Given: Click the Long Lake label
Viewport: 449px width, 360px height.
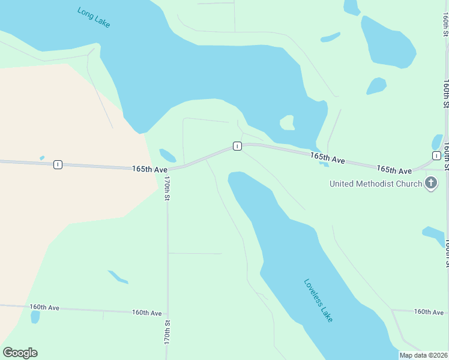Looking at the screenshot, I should pyautogui.click(x=94, y=17).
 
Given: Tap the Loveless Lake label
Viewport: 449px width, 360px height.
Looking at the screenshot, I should pyautogui.click(x=318, y=300).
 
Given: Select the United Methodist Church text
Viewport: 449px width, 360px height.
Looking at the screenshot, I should pyautogui.click(x=376, y=184).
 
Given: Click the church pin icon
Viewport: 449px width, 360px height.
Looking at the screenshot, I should pyautogui.click(x=430, y=183).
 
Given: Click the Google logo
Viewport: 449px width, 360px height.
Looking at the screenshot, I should pyautogui.click(x=20, y=353).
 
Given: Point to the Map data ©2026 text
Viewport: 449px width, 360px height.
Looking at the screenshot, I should pyautogui.click(x=424, y=355).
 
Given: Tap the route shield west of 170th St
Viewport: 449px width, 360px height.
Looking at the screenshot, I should pyautogui.click(x=58, y=164).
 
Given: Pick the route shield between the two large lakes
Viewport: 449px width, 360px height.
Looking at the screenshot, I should pyautogui.click(x=237, y=146).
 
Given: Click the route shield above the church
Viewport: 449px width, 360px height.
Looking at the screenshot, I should pyautogui.click(x=436, y=155).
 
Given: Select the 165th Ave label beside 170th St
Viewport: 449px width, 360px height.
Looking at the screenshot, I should pyautogui.click(x=149, y=170).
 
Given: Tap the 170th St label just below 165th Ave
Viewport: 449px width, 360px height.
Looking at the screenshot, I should pyautogui.click(x=167, y=188).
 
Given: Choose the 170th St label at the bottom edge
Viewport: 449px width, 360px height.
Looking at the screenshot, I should pyautogui.click(x=167, y=332).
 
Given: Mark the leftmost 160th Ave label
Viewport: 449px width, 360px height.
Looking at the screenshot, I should pyautogui.click(x=44, y=307).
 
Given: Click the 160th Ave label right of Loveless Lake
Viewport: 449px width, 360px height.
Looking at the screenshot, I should pyautogui.click(x=429, y=311).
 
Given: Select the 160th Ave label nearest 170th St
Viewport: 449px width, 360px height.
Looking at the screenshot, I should pyautogui.click(x=147, y=313).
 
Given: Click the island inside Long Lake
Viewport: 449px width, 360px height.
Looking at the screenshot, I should pyautogui.click(x=288, y=122).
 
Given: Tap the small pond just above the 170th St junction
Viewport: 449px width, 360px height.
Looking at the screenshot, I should pyautogui.click(x=167, y=155).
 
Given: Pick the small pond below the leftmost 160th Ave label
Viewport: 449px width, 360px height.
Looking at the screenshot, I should pyautogui.click(x=35, y=317).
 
